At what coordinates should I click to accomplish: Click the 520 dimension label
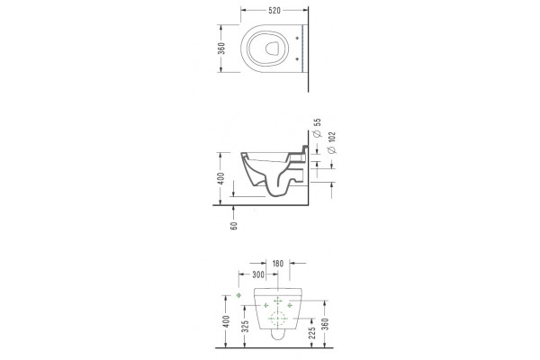click(274, 11)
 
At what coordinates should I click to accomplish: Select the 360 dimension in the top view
click(221, 49)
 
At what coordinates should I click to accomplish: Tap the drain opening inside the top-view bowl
click(272, 49)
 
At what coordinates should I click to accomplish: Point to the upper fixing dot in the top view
click(297, 38)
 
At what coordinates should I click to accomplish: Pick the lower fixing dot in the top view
click(297, 58)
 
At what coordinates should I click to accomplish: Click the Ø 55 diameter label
click(318, 128)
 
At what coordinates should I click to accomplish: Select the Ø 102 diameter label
click(331, 142)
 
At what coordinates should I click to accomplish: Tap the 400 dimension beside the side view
click(221, 178)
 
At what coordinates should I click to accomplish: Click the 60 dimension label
click(234, 226)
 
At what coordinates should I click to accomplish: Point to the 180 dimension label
click(277, 264)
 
